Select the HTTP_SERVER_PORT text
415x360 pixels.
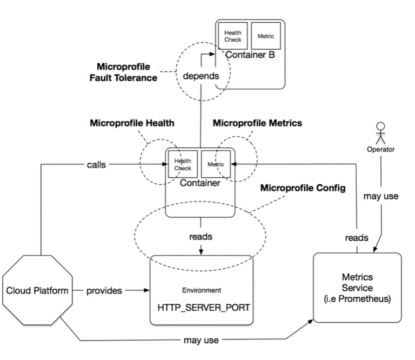[200, 307]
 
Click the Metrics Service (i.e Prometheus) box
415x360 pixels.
[357, 288]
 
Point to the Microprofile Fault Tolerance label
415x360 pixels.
[127, 72]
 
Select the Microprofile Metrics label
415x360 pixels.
[257, 123]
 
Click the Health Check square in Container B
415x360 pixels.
[233, 37]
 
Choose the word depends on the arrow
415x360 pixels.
[200, 76]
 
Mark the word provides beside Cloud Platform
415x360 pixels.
[104, 291]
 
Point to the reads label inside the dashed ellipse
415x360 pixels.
[200, 237]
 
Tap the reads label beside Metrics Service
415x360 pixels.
[357, 237]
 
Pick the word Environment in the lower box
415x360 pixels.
[200, 290]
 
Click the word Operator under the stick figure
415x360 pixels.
[380, 150]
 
